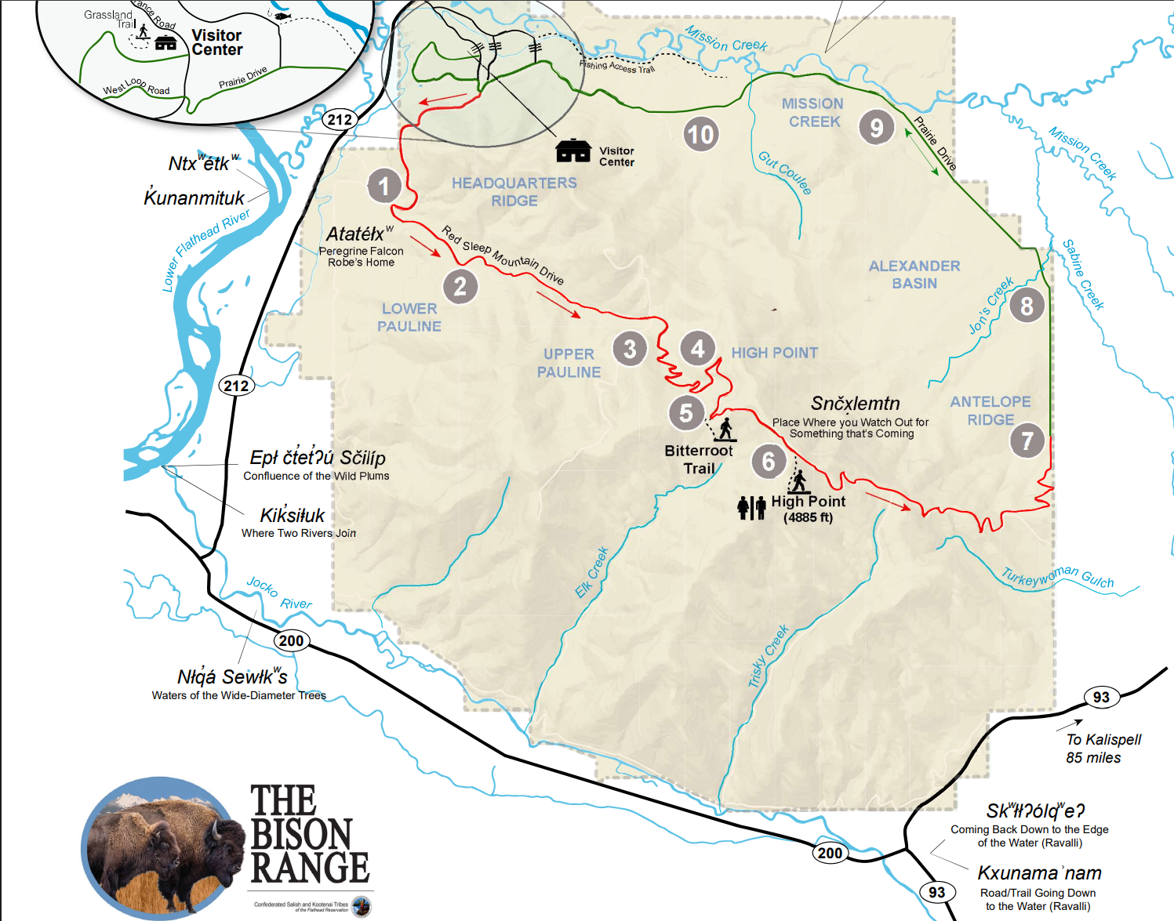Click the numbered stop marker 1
(384, 187)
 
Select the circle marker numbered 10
(700, 135)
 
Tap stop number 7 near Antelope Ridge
(1027, 441)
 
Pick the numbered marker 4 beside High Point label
(698, 348)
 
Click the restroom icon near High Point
(751, 508)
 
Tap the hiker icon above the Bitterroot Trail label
(725, 429)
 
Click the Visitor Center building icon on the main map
(573, 150)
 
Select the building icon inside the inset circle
(165, 43)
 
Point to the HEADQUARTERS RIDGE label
(514, 192)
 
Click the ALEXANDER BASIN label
(914, 274)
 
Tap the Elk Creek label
(592, 573)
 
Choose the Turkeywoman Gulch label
(1057, 577)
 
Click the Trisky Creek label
(768, 657)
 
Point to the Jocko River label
(279, 593)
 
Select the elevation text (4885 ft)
(808, 517)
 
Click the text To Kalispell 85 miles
(1103, 749)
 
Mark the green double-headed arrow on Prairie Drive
(921, 151)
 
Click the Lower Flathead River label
(205, 250)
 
